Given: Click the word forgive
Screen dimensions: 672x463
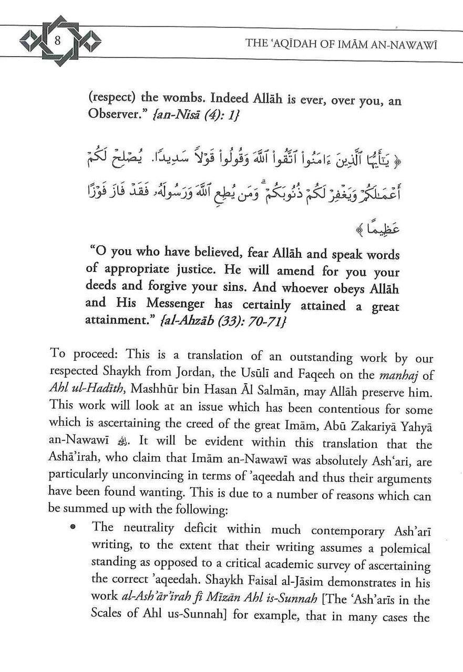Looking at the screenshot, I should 171,288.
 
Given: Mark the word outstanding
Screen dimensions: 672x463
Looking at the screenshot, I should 307,358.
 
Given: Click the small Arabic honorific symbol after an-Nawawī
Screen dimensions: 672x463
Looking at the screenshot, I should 122,444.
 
